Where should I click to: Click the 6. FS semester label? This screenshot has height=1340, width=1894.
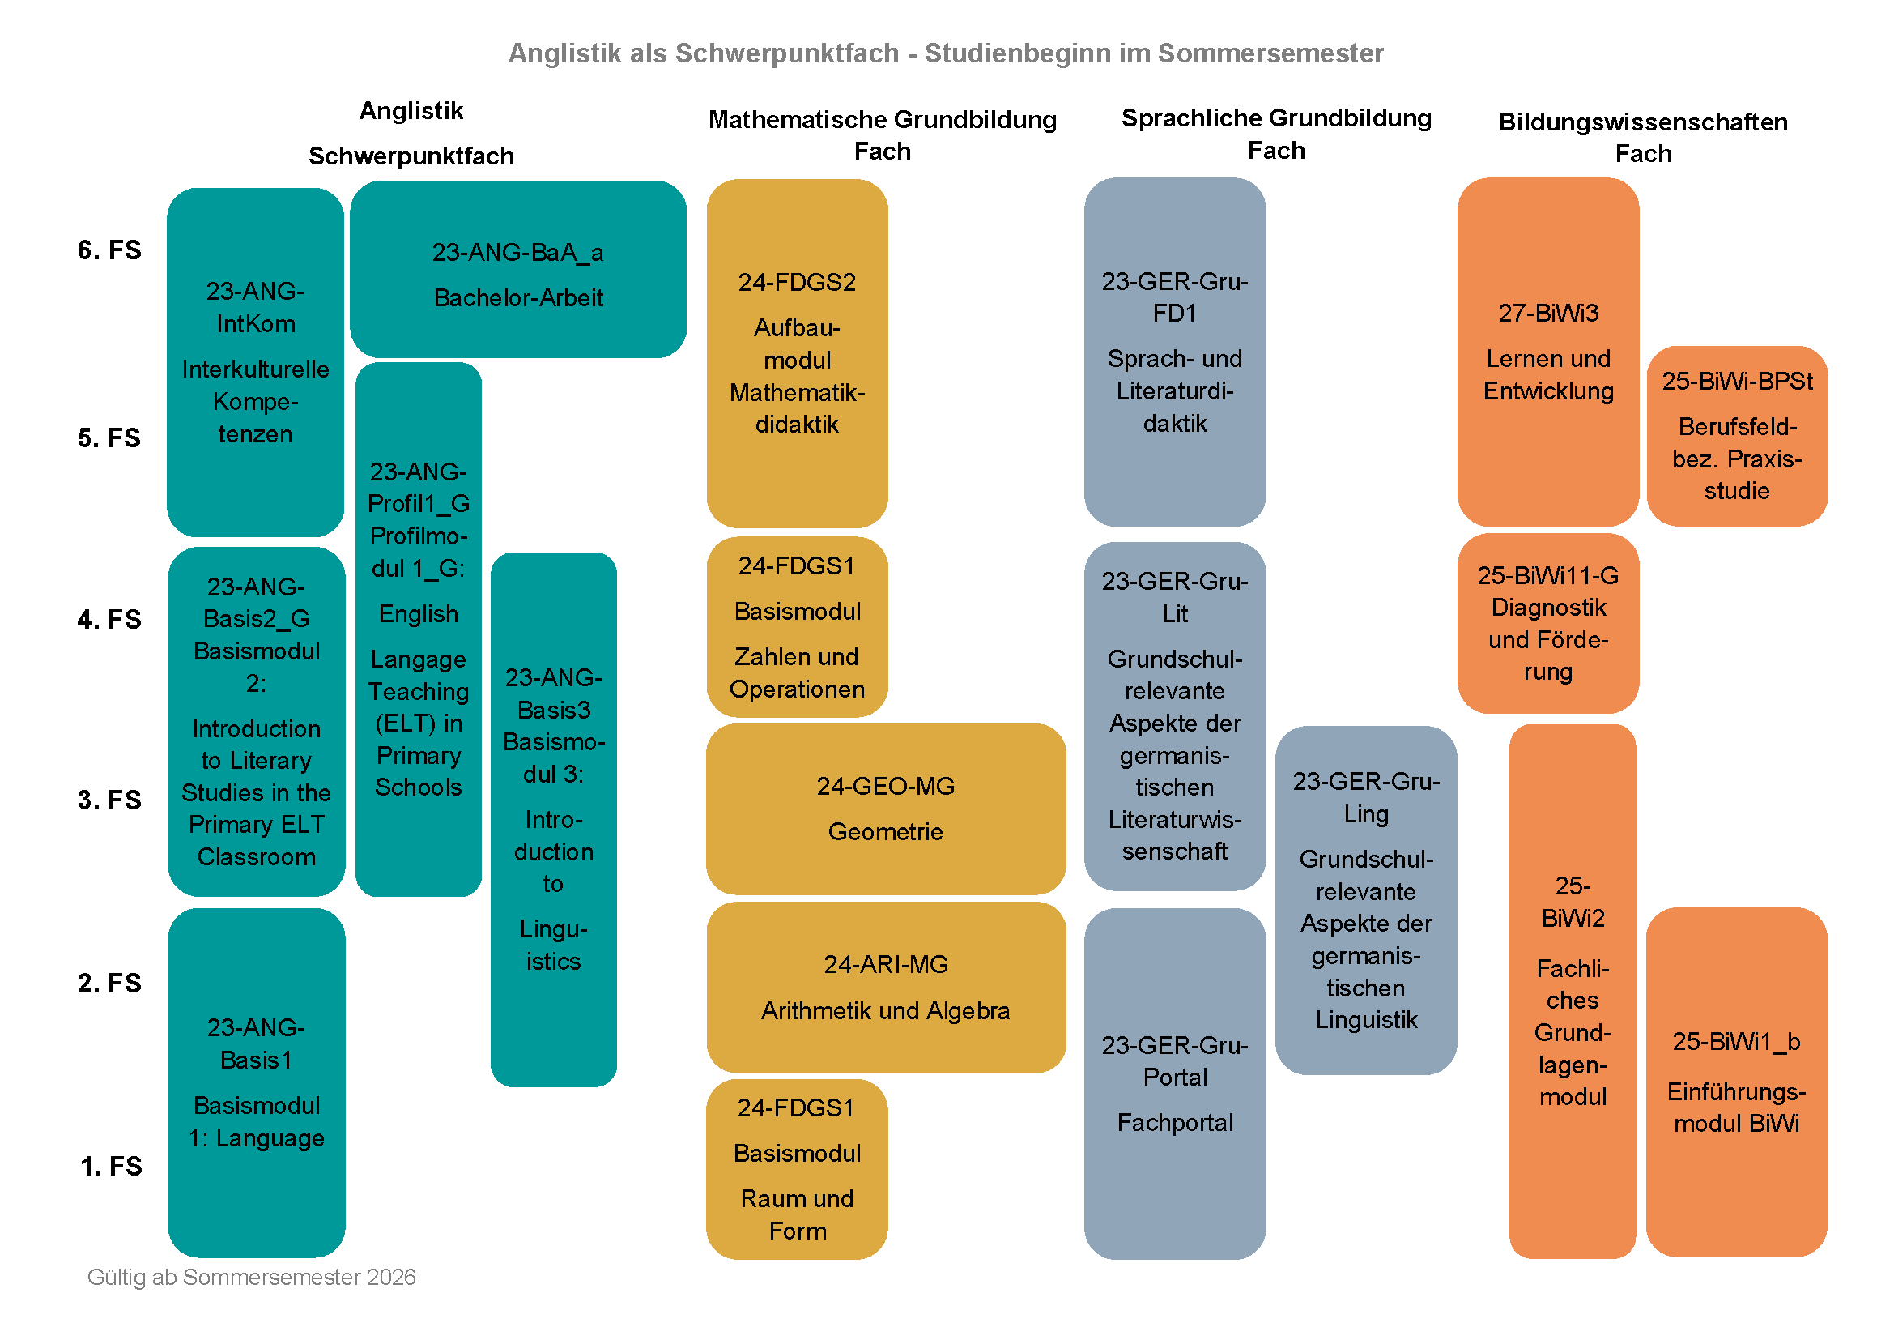click(x=109, y=250)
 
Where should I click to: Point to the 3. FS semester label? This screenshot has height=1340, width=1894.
click(x=109, y=800)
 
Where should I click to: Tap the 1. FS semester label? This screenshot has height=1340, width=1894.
click(x=111, y=1166)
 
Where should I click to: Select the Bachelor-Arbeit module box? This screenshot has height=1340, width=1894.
click(x=518, y=270)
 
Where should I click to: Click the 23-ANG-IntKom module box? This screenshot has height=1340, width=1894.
click(x=255, y=362)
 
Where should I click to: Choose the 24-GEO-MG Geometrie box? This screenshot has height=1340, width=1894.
click(x=885, y=809)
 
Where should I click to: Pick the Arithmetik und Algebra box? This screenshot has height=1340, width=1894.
click(x=885, y=987)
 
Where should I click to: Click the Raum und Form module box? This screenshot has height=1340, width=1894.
click(x=797, y=1169)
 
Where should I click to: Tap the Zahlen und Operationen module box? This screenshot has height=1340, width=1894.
click(x=797, y=627)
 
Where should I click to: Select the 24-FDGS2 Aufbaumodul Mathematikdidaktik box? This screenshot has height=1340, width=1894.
click(x=797, y=353)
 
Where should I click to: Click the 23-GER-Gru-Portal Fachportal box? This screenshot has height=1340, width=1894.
click(x=1175, y=1083)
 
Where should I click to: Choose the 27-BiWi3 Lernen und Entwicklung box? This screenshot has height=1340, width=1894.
click(x=1547, y=352)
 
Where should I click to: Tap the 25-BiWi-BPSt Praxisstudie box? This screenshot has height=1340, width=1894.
click(x=1736, y=436)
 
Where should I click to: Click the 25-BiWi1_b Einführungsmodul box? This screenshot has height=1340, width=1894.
click(x=1735, y=1082)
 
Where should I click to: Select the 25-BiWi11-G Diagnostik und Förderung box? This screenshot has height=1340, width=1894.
click(x=1547, y=623)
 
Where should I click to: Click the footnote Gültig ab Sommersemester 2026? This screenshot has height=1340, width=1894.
click(x=252, y=1277)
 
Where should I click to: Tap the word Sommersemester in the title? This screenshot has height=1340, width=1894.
click(x=1270, y=53)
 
